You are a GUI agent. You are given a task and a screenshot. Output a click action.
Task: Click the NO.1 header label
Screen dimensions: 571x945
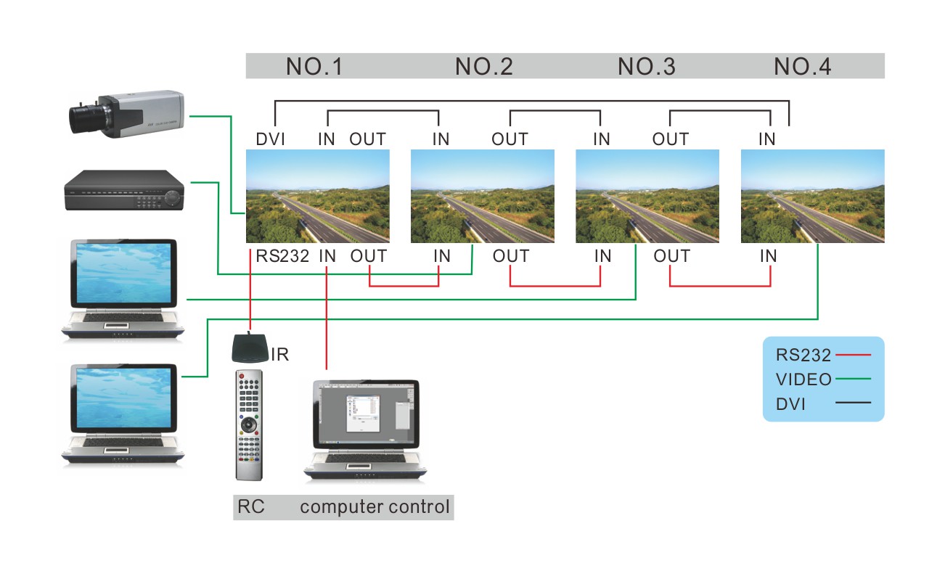point(314,67)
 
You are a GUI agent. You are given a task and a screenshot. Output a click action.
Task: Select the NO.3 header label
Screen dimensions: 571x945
point(646,67)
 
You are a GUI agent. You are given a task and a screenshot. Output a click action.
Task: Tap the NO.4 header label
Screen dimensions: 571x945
point(802,67)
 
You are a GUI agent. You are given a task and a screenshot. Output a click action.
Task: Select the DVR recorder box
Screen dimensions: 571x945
point(123,191)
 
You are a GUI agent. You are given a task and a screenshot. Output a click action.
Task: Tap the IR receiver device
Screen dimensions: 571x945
point(250,349)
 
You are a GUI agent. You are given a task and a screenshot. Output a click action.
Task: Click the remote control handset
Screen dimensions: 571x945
point(248,424)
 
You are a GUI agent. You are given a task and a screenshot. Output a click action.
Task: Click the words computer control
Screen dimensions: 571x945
point(375,506)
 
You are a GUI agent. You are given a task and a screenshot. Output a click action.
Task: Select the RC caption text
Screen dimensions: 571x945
point(250,506)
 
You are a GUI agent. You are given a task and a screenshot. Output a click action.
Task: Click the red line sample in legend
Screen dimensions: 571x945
point(853,356)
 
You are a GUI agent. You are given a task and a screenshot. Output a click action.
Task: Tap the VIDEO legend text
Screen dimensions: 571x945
point(803,379)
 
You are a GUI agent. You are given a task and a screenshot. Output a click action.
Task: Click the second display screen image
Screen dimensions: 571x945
point(483,196)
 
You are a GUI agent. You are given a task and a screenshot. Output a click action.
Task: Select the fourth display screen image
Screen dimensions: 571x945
point(812,196)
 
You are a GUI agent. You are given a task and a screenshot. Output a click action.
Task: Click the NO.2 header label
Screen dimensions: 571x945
point(483,67)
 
